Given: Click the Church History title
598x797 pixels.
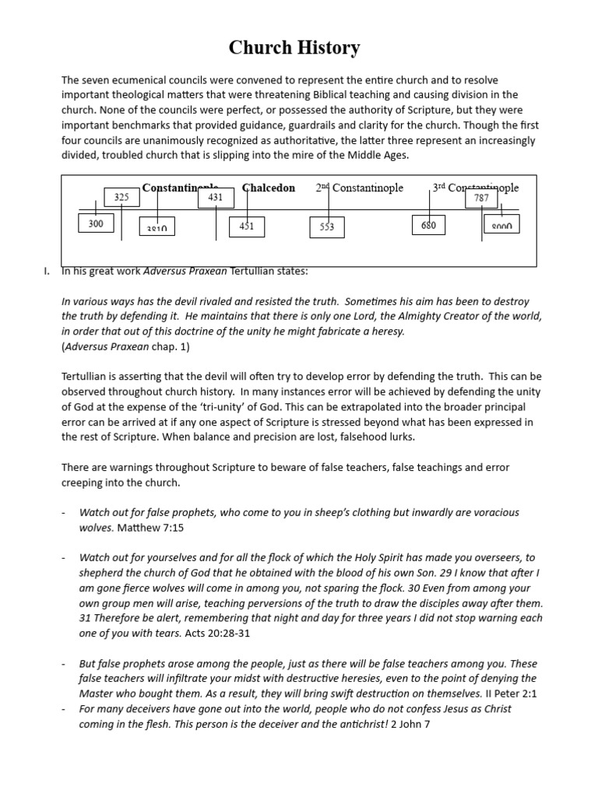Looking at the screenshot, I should click(294, 48).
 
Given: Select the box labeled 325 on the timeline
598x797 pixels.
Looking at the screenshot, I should click(121, 198).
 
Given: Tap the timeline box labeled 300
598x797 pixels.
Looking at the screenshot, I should click(96, 224).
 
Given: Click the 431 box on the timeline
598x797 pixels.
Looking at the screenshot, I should click(216, 198).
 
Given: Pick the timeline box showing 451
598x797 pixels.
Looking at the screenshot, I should click(247, 226).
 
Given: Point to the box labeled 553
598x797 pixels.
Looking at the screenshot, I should click(327, 226).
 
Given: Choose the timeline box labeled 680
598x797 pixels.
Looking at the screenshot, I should click(428, 226).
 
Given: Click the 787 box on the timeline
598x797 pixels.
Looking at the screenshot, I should click(481, 198).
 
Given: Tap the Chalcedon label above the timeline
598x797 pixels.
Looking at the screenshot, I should click(269, 188).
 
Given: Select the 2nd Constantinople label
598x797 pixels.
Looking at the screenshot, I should click(360, 188).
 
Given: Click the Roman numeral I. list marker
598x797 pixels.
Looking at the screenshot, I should click(47, 271).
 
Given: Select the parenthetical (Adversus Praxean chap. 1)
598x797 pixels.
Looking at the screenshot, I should click(125, 346).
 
